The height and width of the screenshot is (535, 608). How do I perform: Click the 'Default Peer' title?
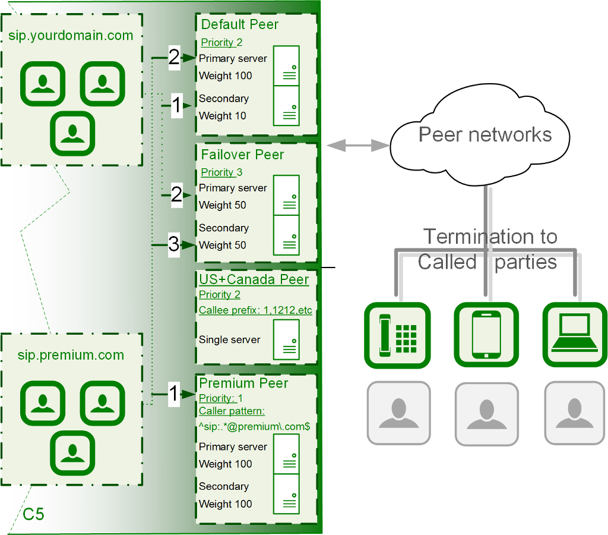239,24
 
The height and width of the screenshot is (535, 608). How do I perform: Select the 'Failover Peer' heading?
242,155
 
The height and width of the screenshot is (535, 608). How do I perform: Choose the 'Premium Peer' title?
243,383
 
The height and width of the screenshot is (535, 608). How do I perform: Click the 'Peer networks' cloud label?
485,134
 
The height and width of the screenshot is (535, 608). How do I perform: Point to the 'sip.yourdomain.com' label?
71,35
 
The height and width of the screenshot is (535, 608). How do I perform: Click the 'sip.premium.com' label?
71,355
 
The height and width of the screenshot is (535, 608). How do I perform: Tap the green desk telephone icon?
397,335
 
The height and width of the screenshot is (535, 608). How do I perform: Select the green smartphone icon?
486,335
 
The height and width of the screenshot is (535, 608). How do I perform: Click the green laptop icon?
574,335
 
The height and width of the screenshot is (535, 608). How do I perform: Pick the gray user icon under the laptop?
574,414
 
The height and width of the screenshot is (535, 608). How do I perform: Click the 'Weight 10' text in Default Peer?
223,116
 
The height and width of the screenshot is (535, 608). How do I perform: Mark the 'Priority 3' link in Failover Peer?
221,172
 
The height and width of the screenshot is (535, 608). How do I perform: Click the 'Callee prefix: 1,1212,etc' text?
255,310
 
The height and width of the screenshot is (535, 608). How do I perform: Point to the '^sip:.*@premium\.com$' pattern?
254,426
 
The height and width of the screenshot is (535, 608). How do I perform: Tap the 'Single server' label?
229,340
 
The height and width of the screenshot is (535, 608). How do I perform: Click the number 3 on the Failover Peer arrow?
173,245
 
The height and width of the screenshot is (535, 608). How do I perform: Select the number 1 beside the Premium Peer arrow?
173,394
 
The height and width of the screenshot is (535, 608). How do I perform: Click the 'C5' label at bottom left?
33,514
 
